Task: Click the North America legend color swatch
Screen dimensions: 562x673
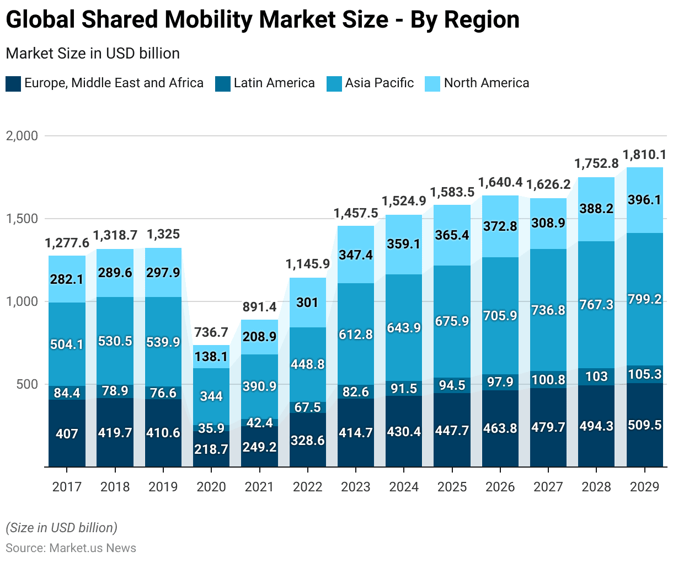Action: tap(432, 84)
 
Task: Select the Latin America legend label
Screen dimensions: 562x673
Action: tap(274, 83)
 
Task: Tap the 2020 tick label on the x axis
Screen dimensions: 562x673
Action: tap(211, 487)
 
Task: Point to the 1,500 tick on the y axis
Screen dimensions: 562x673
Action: tap(22, 219)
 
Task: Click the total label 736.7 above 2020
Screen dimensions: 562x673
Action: tap(211, 332)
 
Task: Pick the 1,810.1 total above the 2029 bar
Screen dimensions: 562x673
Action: tap(644, 155)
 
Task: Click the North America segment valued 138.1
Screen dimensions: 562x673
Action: tap(211, 357)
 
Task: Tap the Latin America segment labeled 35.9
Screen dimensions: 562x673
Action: tap(211, 428)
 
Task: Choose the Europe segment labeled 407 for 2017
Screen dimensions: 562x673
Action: tap(67, 434)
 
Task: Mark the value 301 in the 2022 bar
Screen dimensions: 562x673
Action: tap(307, 303)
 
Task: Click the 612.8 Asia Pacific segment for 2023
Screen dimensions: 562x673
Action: tap(356, 335)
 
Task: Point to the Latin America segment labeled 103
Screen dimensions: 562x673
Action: tap(596, 377)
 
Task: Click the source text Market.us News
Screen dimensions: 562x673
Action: tap(93, 548)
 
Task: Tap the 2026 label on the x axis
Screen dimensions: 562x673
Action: tap(500, 487)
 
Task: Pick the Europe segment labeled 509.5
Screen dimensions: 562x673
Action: tap(644, 426)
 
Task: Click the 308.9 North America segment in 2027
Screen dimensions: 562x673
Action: tap(548, 223)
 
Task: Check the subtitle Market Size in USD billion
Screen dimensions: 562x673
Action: tap(93, 54)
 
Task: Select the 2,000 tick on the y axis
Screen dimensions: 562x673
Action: tap(22, 136)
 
